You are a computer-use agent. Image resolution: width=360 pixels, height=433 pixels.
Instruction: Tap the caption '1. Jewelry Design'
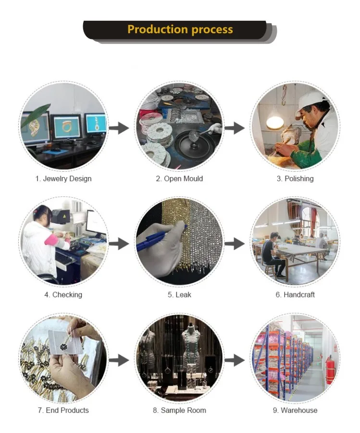63,178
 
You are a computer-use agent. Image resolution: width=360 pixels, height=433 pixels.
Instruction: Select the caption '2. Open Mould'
179,178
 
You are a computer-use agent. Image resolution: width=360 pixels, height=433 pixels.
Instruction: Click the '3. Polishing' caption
295,178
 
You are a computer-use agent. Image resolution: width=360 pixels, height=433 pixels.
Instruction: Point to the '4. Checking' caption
63,294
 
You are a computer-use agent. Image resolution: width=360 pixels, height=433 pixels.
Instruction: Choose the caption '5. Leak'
179,294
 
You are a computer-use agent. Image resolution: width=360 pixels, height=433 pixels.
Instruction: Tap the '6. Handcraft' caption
295,294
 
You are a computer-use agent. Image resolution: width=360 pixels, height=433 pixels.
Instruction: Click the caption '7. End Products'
63,410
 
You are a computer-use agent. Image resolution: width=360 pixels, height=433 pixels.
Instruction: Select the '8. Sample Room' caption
179,410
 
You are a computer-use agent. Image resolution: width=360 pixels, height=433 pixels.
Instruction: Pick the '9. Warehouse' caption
295,410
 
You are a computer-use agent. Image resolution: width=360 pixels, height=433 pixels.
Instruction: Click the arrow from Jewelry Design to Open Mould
119,128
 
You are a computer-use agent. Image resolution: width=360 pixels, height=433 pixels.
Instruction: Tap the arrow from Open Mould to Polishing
235,128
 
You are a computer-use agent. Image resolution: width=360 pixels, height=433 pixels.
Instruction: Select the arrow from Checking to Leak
119,244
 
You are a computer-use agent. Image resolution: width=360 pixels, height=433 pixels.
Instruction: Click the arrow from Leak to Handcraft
235,244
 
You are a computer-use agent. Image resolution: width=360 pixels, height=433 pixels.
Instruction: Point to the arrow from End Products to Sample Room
119,359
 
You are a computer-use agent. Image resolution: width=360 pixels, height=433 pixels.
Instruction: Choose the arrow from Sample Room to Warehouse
235,359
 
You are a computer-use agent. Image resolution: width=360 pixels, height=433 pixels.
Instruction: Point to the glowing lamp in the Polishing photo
275,122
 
